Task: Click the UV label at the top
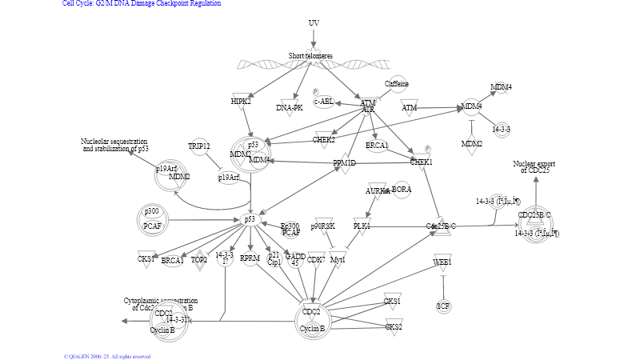pos(314,22)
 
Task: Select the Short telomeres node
pos(311,56)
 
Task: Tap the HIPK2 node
pos(242,102)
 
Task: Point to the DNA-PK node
pos(289,107)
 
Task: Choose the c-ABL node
pos(324,102)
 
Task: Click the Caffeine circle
pos(397,84)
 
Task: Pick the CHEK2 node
pos(324,140)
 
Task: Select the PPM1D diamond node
pos(346,163)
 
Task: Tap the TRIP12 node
pos(199,146)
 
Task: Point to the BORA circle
pos(402,190)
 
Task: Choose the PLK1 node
pos(362,227)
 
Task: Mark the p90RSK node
pos(322,227)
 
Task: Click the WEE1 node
pos(442,262)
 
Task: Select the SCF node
pos(443,306)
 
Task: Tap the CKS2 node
pos(393,326)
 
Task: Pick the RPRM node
pos(250,258)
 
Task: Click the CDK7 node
pos(316,259)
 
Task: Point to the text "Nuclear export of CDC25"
pos(535,166)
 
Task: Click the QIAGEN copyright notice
pos(107,356)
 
